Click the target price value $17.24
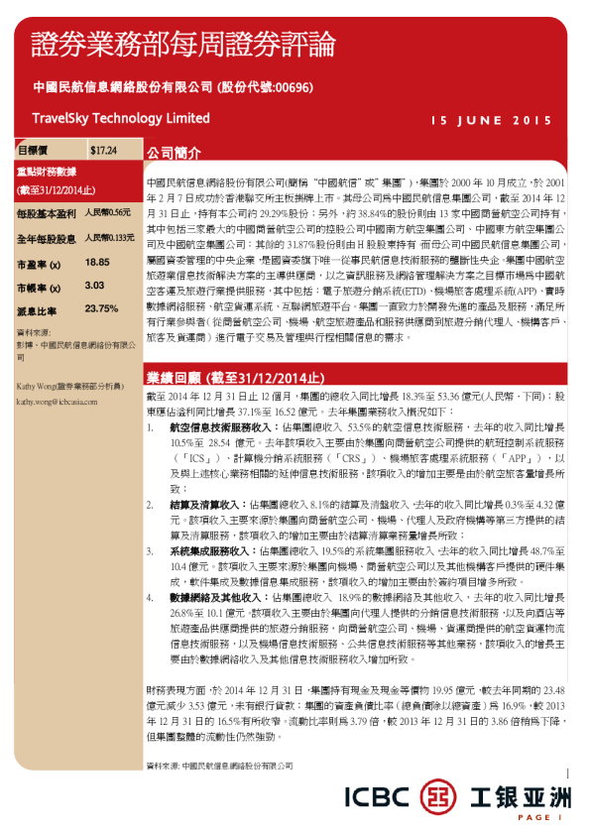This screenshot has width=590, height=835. pyautogui.click(x=103, y=150)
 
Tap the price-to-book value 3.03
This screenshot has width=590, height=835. pyautogui.click(x=95, y=285)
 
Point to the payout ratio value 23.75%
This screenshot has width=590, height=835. pyautogui.click(x=101, y=308)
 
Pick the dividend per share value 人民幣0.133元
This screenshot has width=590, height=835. pyautogui.click(x=109, y=238)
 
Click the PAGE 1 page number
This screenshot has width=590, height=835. pyautogui.click(x=538, y=818)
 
